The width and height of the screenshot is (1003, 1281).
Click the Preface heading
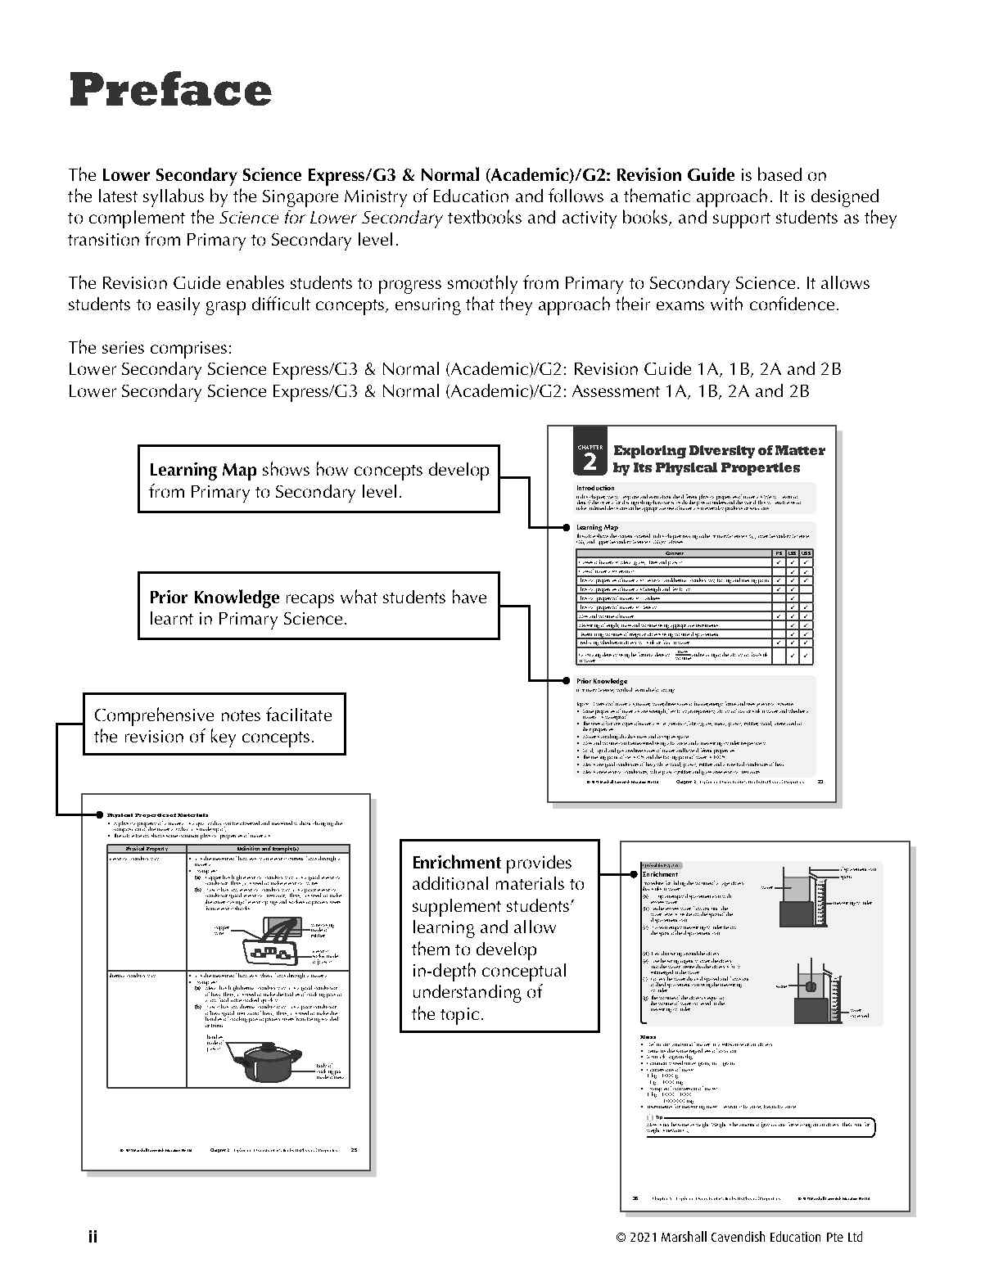click(169, 90)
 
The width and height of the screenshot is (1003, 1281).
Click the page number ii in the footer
click(93, 1236)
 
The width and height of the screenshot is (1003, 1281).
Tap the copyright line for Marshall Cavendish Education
click(739, 1237)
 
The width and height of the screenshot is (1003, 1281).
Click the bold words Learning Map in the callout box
click(202, 470)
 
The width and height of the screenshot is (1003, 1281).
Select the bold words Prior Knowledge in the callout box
click(214, 598)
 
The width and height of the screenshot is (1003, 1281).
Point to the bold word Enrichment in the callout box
click(456, 863)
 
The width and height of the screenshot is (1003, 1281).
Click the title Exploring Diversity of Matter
click(718, 450)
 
